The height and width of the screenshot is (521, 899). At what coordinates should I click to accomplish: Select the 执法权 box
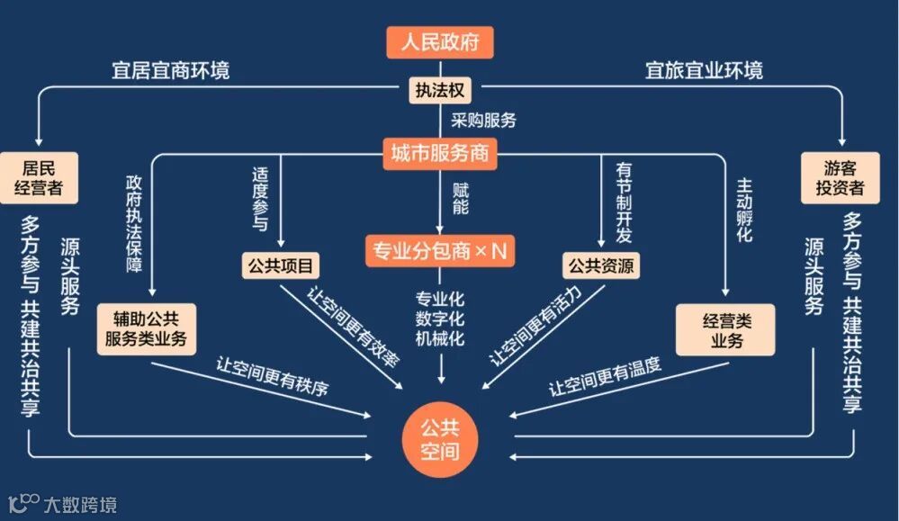point(440,91)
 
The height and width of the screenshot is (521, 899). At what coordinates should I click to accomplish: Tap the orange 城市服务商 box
point(440,153)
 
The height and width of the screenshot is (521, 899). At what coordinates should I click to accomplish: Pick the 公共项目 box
point(281,265)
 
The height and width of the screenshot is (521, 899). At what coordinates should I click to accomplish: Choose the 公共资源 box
point(601,265)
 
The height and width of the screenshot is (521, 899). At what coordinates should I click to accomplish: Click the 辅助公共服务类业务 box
point(146,328)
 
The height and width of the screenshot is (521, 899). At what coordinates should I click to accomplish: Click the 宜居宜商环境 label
point(170,69)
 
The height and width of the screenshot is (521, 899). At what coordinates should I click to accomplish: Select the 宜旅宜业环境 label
point(704,69)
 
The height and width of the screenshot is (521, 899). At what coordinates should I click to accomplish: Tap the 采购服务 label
point(483,120)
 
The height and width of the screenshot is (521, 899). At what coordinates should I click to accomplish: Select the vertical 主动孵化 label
point(744,210)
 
